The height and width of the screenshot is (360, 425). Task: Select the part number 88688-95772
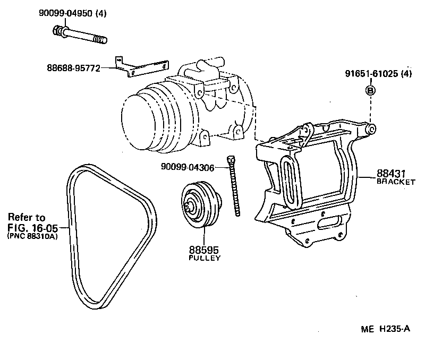point(73,68)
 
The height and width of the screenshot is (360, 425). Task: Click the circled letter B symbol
point(370,90)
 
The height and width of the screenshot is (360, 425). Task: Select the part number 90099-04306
point(188,168)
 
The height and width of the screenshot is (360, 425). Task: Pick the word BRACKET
point(396,182)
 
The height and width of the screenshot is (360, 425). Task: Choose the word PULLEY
point(205,258)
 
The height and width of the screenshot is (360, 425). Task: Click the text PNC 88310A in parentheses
point(32,236)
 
